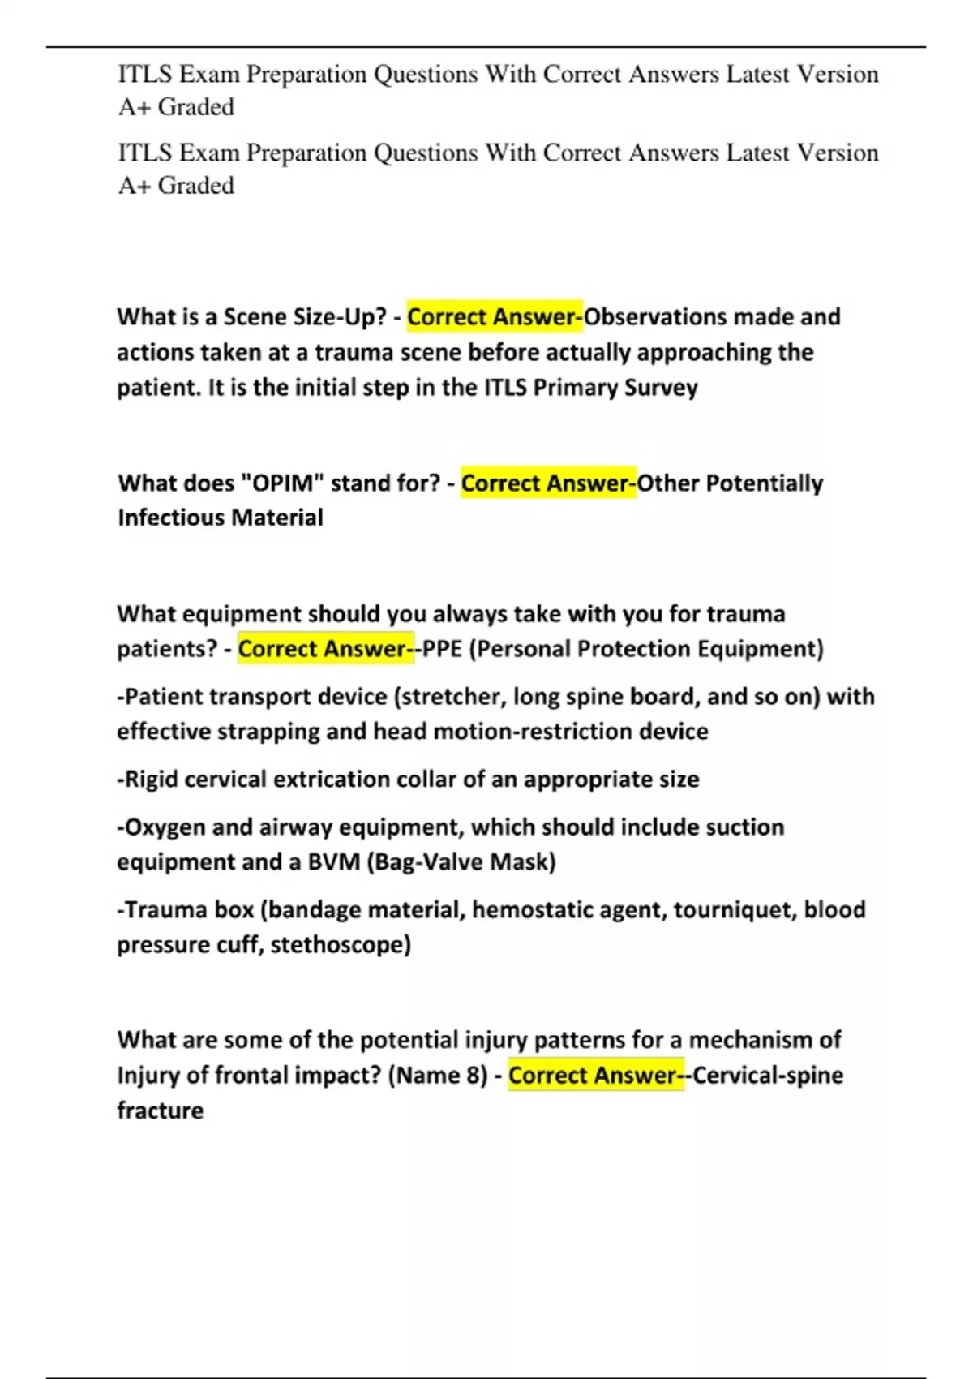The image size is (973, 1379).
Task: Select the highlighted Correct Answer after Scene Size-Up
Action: (x=494, y=316)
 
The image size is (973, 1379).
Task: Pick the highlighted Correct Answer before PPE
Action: (x=324, y=649)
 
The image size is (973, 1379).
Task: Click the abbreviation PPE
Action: (x=442, y=649)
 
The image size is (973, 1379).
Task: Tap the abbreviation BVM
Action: (x=333, y=861)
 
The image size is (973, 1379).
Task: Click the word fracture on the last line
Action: (x=160, y=1111)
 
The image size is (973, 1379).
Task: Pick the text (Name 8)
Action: (x=438, y=1076)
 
